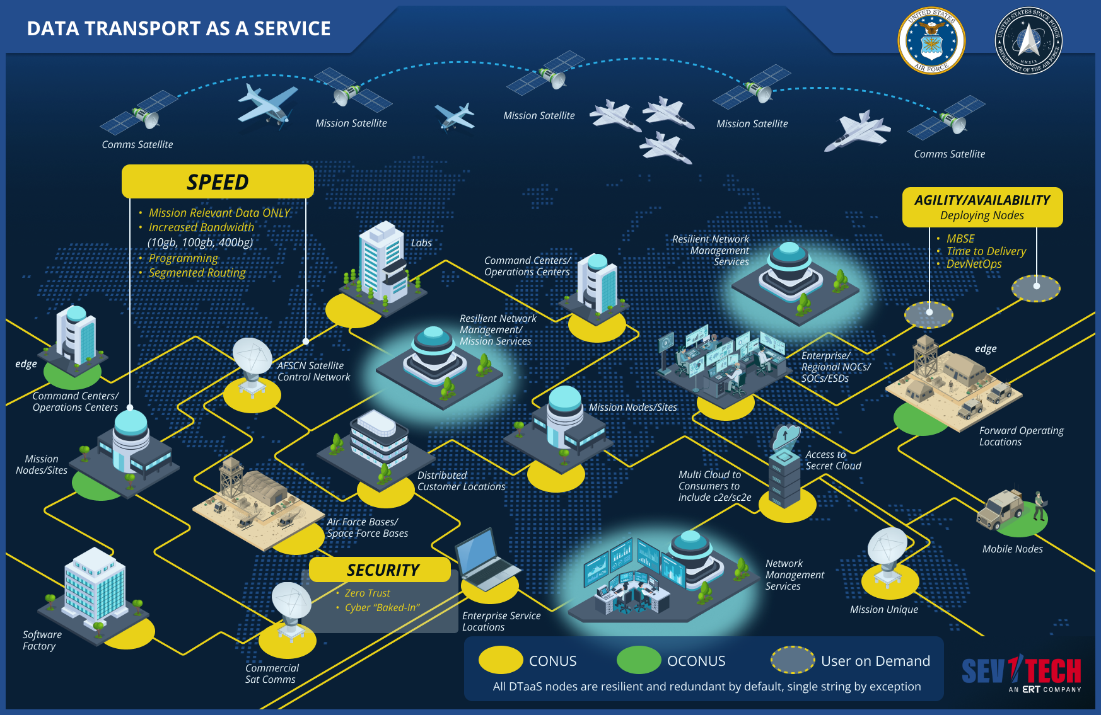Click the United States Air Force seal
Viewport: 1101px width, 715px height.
click(931, 40)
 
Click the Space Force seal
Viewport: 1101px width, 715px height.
click(1028, 40)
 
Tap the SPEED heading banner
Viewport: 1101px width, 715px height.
click(218, 182)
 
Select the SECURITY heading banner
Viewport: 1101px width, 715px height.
click(382, 570)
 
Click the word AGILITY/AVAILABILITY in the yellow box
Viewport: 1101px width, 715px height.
click(982, 200)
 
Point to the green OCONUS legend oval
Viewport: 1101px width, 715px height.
click(638, 660)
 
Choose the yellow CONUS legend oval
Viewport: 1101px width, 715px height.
click(501, 660)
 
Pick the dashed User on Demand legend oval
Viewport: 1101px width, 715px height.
click(793, 660)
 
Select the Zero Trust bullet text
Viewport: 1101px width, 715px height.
click(367, 593)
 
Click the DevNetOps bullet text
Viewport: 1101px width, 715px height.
click(974, 264)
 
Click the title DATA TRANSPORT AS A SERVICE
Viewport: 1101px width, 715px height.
click(178, 29)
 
